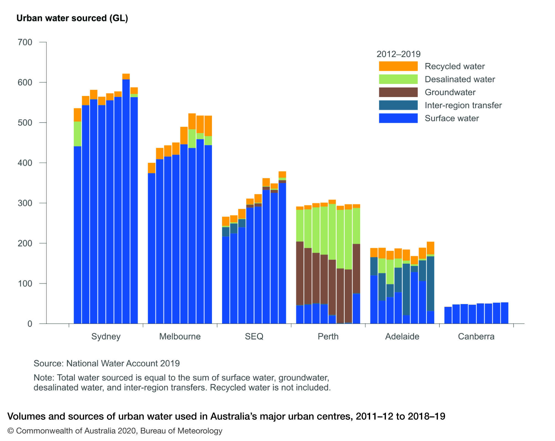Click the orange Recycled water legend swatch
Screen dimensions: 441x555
coord(398,66)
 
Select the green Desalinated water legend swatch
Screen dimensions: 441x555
coord(398,79)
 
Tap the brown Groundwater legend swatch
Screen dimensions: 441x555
coord(398,92)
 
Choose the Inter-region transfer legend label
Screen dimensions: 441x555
coord(463,105)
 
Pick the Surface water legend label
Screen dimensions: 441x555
coord(452,118)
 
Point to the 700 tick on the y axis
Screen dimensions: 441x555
coord(25,42)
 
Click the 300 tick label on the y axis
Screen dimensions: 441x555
coord(25,203)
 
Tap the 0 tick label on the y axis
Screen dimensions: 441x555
coord(30,324)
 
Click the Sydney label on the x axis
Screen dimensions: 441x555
coord(106,336)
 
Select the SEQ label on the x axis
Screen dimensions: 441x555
coord(254,336)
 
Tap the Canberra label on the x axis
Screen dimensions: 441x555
coord(476,336)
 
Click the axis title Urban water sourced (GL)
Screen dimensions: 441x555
coord(72,18)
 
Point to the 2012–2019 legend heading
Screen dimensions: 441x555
coord(398,54)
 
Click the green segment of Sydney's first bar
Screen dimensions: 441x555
coord(77,134)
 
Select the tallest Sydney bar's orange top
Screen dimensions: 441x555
coord(126,77)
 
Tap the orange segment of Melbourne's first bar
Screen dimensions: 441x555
coord(152,168)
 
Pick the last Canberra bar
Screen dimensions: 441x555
coord(504,313)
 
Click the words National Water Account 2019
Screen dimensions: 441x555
coord(123,363)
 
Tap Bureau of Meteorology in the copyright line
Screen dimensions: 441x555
coord(181,431)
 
